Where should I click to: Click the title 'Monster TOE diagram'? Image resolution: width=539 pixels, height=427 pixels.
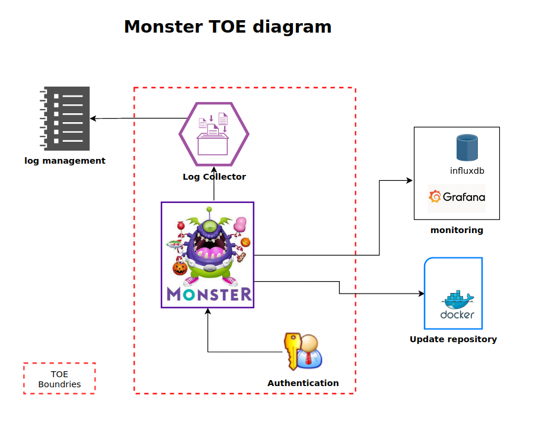point(227,27)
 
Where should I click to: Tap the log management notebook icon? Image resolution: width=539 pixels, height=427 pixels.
point(66,119)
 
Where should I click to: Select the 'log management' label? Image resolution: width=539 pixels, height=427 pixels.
point(65,161)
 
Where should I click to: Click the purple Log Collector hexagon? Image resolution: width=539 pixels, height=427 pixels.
point(213,133)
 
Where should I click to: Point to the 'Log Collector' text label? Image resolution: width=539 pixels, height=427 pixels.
point(213,177)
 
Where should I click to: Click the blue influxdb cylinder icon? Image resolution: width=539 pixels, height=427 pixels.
point(467,148)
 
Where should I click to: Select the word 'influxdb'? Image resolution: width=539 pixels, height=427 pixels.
point(467,171)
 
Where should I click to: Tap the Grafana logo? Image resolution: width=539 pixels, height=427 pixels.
point(457,197)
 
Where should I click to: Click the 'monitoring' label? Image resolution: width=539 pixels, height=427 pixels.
point(457,230)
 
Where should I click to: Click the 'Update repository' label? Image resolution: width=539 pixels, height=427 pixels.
point(453,339)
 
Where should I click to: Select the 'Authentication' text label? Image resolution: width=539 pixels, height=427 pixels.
point(303,383)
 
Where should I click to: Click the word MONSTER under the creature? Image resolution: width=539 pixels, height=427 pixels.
point(208,295)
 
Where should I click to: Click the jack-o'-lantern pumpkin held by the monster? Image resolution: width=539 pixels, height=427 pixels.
point(180,268)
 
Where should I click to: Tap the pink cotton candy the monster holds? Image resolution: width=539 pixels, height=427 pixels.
point(241,224)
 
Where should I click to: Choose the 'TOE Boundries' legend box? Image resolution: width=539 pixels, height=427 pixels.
point(59,378)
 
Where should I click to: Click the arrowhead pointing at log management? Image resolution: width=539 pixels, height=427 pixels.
point(93,119)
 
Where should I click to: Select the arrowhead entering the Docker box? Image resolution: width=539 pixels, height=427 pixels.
point(422,294)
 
